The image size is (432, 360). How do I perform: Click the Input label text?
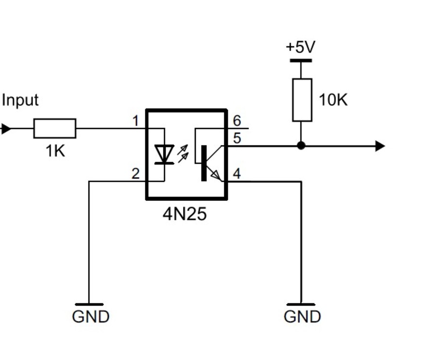[x=20, y=100]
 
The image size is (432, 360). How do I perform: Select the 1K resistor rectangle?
[x=54, y=128]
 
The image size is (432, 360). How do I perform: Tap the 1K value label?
[x=55, y=151]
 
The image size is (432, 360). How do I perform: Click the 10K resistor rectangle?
[x=302, y=100]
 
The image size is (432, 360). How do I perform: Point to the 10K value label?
[x=333, y=100]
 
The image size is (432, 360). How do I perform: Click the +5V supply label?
[x=300, y=47]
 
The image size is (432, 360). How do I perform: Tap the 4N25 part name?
[x=185, y=214]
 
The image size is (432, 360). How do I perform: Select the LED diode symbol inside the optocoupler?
[x=165, y=154]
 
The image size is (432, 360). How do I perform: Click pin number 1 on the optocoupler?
[x=136, y=121]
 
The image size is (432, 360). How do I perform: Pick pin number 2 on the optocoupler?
[x=136, y=174]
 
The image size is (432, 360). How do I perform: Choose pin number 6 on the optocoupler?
[x=237, y=121]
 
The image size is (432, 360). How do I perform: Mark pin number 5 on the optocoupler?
[x=237, y=138]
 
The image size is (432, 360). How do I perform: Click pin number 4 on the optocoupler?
[x=237, y=174]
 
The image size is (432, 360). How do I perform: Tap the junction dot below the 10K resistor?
[x=301, y=145]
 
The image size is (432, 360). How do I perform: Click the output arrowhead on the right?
[x=380, y=145]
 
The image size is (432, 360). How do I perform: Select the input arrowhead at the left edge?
[x=5, y=129]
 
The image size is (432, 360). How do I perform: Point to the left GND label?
[x=91, y=317]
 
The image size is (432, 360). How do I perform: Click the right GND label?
[x=302, y=317]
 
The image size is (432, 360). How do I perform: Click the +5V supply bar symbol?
[x=301, y=61]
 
